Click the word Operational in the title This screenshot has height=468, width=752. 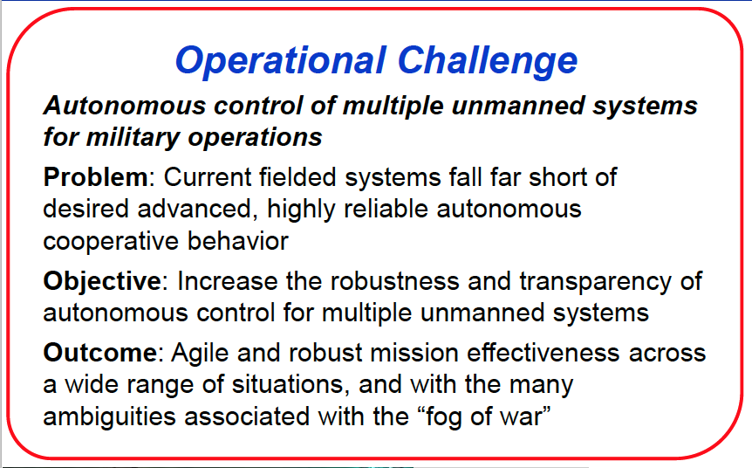(x=281, y=61)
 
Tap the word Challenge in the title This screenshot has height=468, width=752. (x=488, y=61)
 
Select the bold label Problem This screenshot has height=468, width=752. (x=95, y=177)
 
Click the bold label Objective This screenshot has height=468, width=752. (x=102, y=281)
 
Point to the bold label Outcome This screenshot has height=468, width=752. (x=99, y=353)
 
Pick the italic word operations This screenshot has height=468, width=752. (x=255, y=138)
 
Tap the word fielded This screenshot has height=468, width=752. (x=297, y=177)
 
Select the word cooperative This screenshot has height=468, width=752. (x=111, y=242)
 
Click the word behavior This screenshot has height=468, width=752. (x=238, y=240)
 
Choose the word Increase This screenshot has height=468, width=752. (x=228, y=281)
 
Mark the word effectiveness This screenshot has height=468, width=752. (x=543, y=353)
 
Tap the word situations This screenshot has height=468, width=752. (x=291, y=384)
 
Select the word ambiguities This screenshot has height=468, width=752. (x=109, y=417)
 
